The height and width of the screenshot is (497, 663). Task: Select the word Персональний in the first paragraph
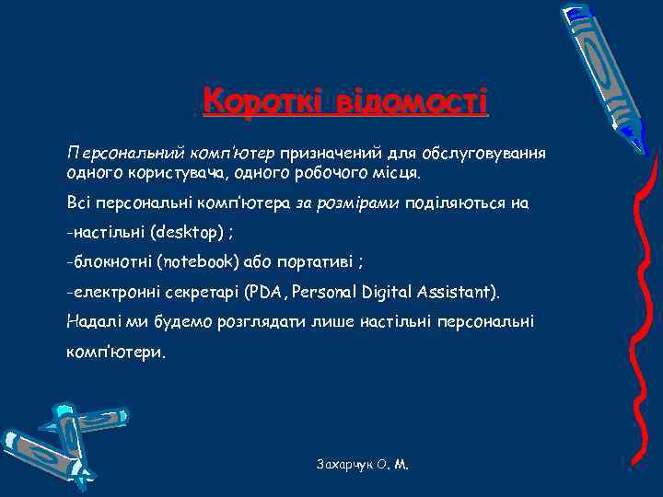(x=125, y=151)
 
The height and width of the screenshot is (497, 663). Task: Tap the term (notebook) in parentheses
(x=199, y=261)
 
